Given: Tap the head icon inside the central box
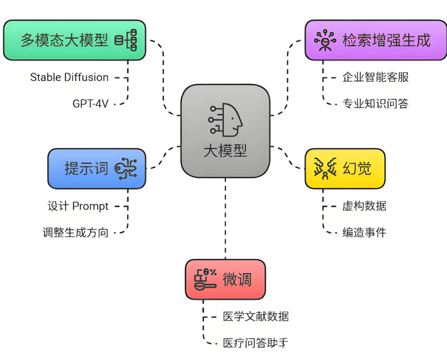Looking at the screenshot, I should point(226,119).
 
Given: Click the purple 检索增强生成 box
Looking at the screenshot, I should point(376,40).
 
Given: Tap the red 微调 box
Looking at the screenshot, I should point(225,280).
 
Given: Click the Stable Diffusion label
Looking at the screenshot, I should point(69,77).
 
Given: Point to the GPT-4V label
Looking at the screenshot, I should point(90,104).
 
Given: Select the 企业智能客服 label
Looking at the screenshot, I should point(376,77).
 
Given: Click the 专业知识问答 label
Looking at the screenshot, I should point(376,104).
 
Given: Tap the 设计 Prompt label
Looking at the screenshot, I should point(78,206).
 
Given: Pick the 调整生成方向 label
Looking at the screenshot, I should point(76,232).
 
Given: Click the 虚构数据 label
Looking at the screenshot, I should point(364,206).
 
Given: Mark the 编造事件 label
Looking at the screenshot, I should point(364,232).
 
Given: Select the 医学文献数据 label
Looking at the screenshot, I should point(256,317).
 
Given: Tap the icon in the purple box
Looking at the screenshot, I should point(325,40).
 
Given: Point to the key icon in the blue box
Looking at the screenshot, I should point(127,168).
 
